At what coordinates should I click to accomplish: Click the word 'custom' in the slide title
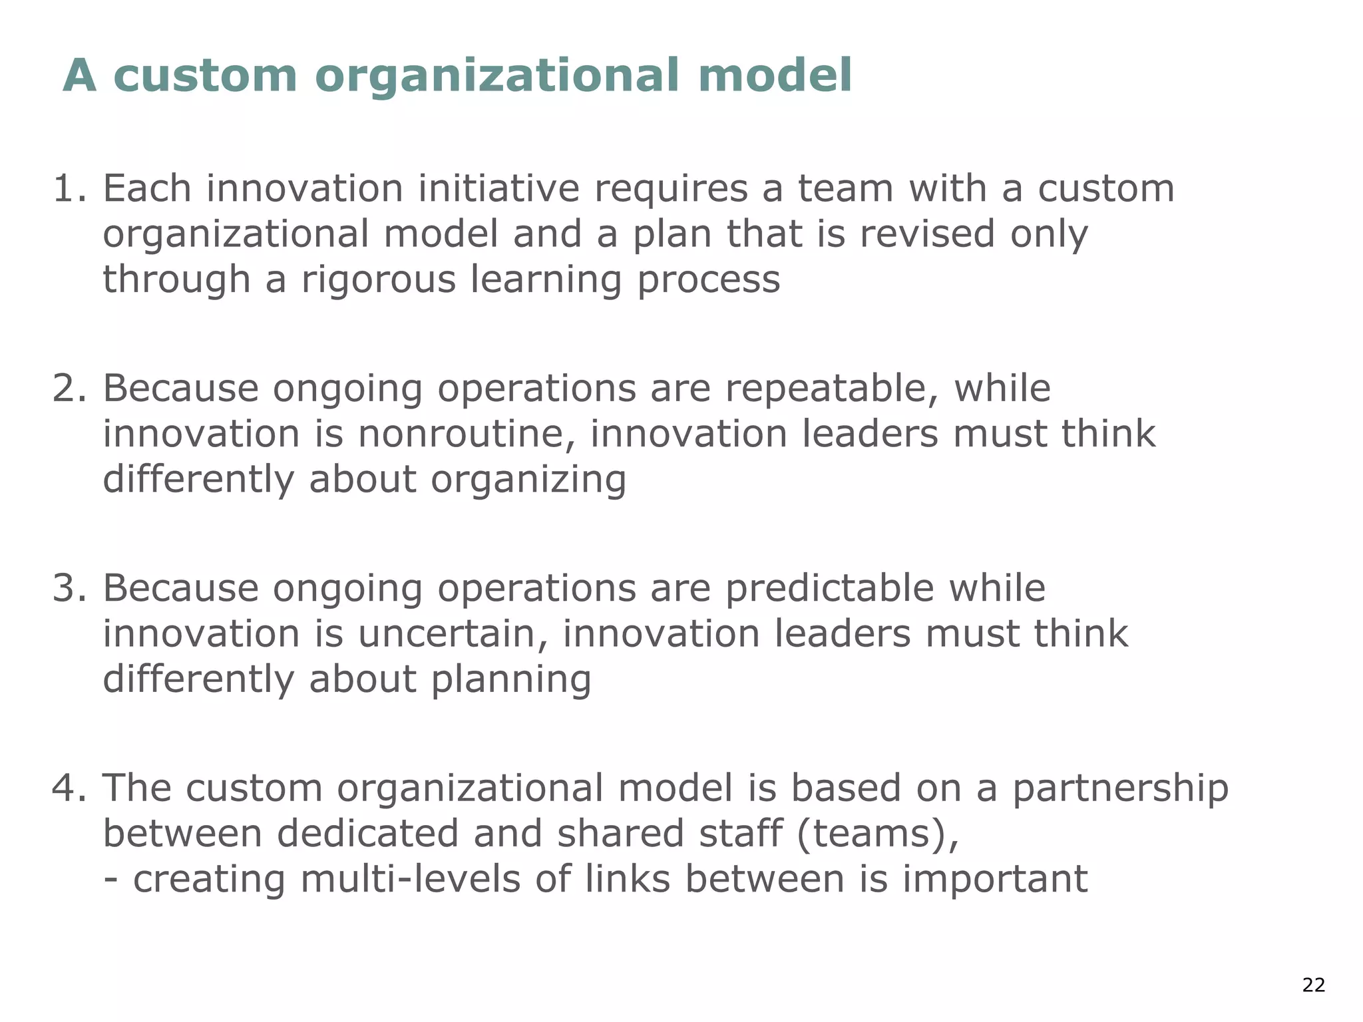pyautogui.click(x=205, y=75)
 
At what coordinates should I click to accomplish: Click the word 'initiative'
pyautogui.click(x=498, y=188)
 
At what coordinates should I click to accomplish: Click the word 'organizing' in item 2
pyautogui.click(x=528, y=480)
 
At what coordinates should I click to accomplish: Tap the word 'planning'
pyautogui.click(x=510, y=680)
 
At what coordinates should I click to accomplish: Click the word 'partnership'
pyautogui.click(x=1120, y=789)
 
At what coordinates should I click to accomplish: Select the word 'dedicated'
pyautogui.click(x=367, y=834)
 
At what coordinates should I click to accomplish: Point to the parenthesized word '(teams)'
pyautogui.click(x=877, y=834)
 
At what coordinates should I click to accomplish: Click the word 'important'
pyautogui.click(x=994, y=879)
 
